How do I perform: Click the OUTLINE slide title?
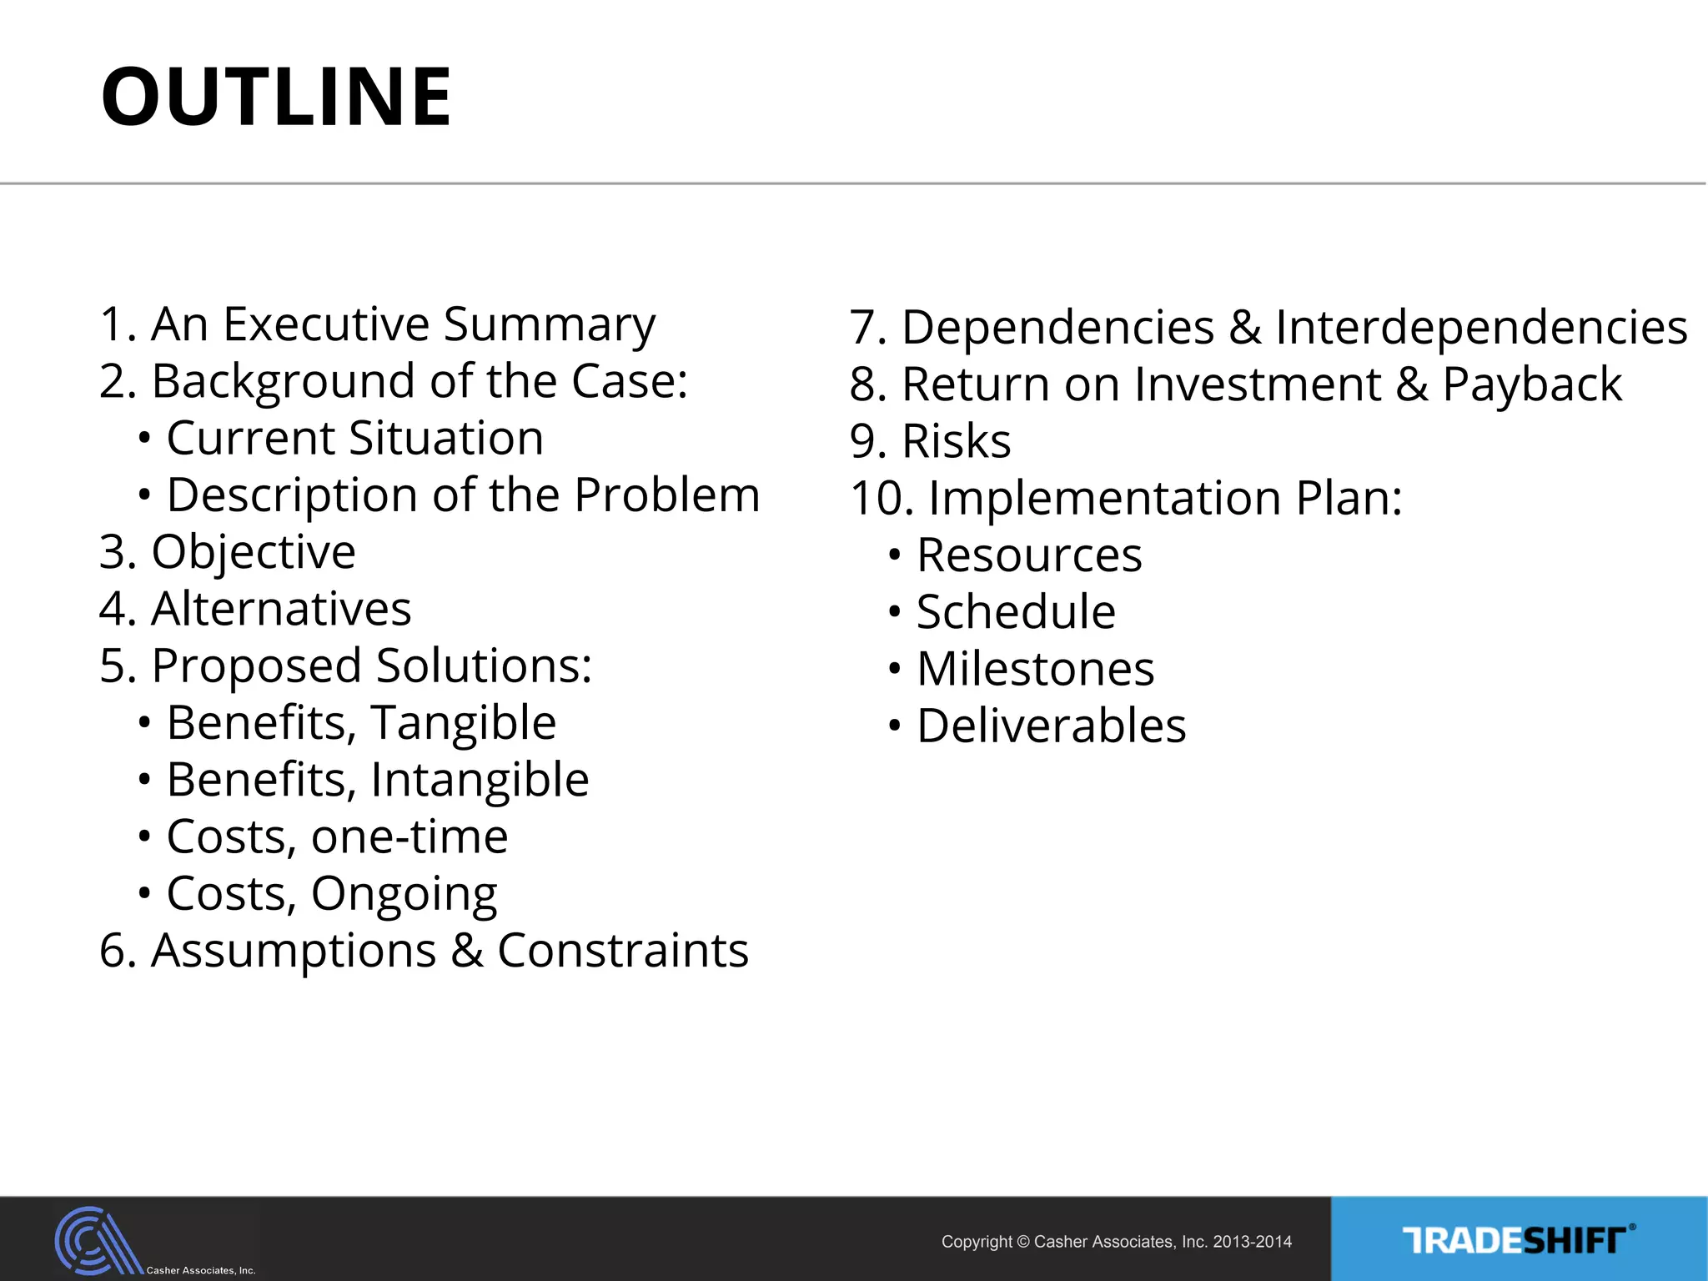275,97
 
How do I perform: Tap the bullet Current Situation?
354,438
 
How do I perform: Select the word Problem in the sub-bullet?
667,495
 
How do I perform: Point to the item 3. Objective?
228,552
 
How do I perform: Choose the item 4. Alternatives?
255,609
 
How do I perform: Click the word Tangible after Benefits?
464,723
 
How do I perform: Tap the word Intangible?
480,780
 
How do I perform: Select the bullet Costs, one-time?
337,836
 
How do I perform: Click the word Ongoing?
404,894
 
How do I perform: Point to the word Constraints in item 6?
622,951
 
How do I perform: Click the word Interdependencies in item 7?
1481,327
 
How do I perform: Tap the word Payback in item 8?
1532,384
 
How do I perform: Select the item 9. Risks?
930,441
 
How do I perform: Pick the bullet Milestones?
1035,669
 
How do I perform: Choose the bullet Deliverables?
1051,726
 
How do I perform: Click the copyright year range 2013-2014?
1252,1242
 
